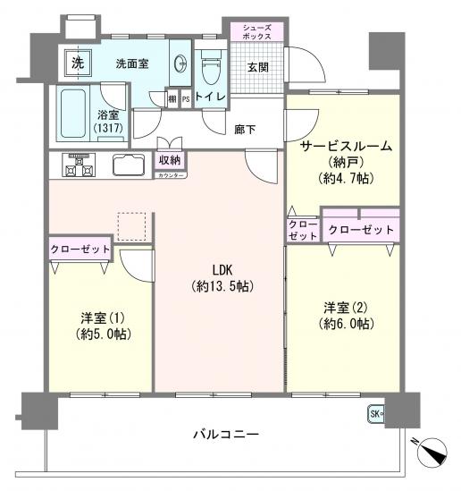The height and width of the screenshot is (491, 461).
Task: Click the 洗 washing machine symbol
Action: point(77,64)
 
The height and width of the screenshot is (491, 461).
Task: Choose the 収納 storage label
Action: point(171,160)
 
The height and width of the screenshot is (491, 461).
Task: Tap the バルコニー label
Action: point(227,435)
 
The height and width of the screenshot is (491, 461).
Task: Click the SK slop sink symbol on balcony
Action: point(374,413)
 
